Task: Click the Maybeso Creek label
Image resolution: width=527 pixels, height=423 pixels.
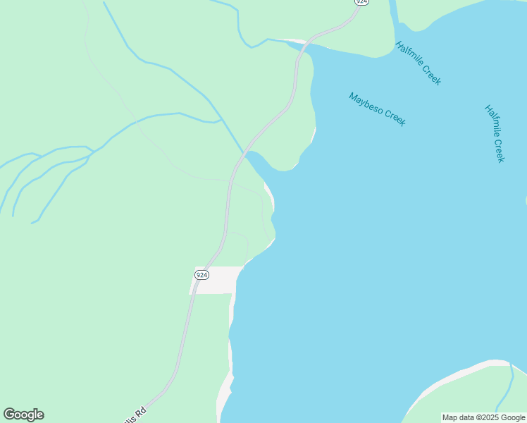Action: (377, 109)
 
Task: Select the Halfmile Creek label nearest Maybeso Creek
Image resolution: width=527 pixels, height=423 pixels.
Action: (418, 63)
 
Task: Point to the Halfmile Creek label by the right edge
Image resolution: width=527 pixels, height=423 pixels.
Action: (495, 134)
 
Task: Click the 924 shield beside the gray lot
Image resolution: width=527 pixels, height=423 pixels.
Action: (201, 274)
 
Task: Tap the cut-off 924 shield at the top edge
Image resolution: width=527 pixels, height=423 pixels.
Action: (361, 2)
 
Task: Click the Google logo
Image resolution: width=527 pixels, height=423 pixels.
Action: (23, 415)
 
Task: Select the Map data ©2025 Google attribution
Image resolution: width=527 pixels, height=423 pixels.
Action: (484, 417)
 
